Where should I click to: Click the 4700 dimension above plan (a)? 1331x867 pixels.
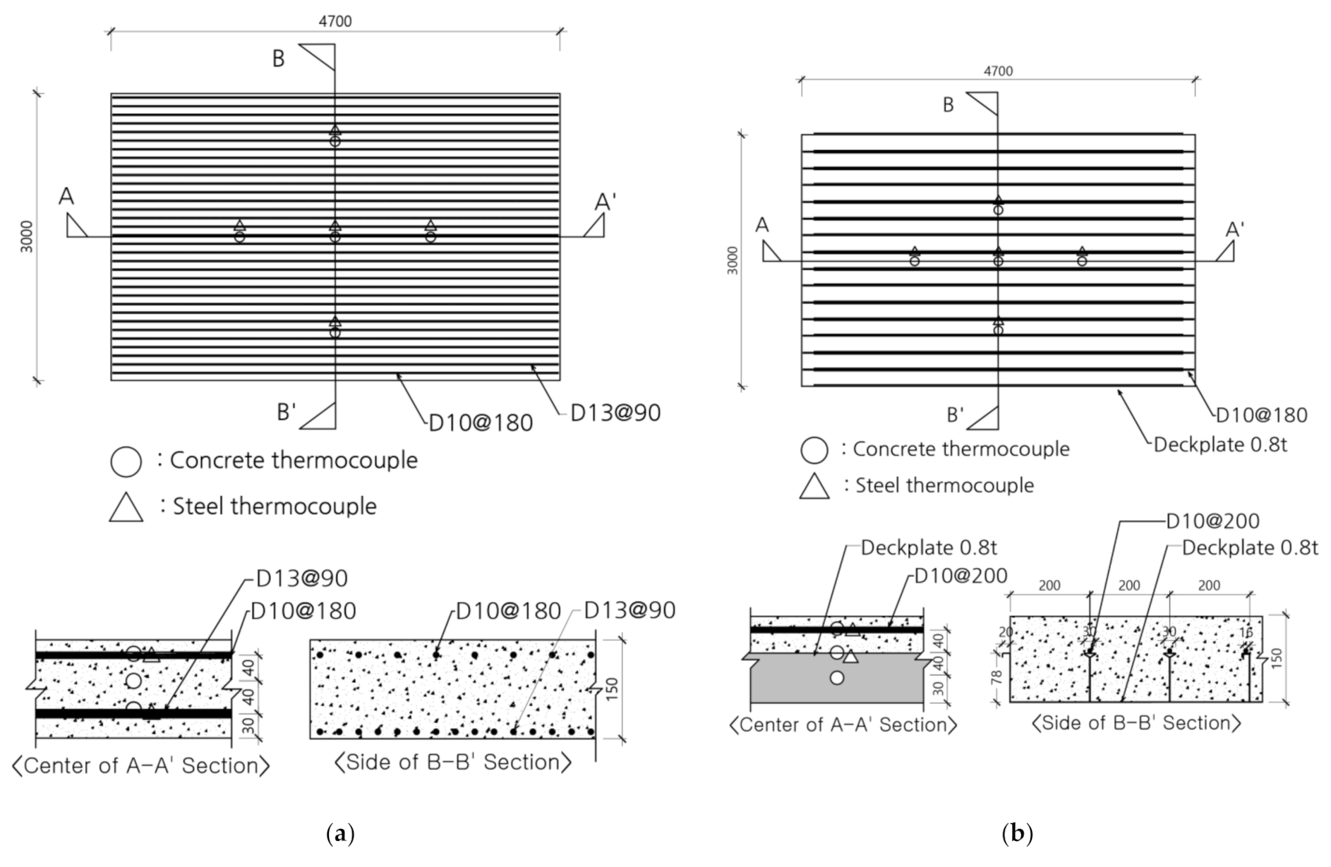(x=335, y=21)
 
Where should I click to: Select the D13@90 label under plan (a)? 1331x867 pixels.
(x=615, y=413)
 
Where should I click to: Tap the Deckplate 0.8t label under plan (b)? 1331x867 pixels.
(x=1220, y=445)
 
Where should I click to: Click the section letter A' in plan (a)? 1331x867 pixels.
(x=605, y=202)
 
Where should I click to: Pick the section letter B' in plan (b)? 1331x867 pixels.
(x=955, y=415)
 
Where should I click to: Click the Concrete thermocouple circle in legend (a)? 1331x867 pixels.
(x=126, y=461)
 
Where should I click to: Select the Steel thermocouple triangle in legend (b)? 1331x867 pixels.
(x=814, y=486)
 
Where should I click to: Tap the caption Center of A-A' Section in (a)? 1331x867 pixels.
(x=141, y=765)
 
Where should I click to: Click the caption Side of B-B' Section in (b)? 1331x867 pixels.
(x=1136, y=723)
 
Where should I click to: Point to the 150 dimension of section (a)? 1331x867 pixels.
(x=611, y=689)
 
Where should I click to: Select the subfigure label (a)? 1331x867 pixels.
(x=341, y=834)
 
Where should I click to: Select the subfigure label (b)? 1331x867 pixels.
(x=1017, y=834)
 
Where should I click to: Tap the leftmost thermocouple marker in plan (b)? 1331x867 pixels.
(x=915, y=256)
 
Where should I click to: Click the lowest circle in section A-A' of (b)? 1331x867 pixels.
(x=837, y=678)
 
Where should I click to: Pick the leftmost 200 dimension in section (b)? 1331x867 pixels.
(x=1049, y=586)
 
